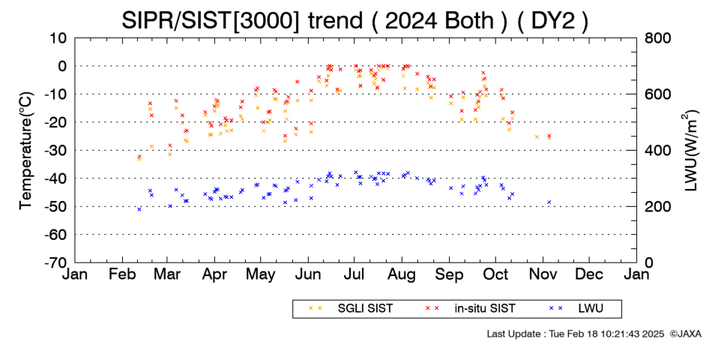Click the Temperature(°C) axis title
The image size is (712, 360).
click(26, 151)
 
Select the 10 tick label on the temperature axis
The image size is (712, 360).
click(58, 37)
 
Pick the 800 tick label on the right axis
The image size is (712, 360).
click(657, 37)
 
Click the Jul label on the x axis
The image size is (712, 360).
click(355, 274)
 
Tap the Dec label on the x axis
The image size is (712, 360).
click(589, 274)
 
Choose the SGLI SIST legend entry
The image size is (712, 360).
click(351, 309)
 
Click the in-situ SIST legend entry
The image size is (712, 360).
click(471, 309)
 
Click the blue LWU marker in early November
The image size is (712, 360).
click(549, 202)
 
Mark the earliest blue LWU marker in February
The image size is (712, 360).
click(139, 209)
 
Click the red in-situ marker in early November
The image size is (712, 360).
click(549, 136)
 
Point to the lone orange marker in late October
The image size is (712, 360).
click(537, 136)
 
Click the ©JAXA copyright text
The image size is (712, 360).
click(685, 334)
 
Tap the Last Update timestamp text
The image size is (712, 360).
click(576, 334)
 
